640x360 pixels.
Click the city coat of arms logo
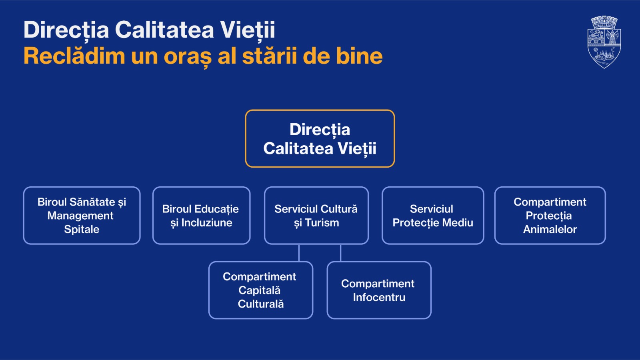coord(604,42)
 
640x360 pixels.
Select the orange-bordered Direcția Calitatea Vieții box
coord(320,138)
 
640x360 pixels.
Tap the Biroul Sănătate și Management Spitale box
coord(82,216)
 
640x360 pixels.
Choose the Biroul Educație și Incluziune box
coord(201,216)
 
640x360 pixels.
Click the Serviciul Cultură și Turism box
coord(316,216)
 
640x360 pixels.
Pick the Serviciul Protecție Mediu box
coord(433,216)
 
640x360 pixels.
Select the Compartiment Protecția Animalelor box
coord(550,216)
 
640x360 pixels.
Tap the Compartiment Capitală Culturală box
coord(260,290)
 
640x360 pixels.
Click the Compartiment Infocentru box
coord(379,290)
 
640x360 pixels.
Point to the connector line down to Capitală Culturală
coord(299,253)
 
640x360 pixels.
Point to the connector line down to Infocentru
coord(340,253)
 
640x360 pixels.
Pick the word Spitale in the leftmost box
coord(82,229)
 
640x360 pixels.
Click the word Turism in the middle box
coord(322,223)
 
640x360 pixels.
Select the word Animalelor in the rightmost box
coord(550,229)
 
